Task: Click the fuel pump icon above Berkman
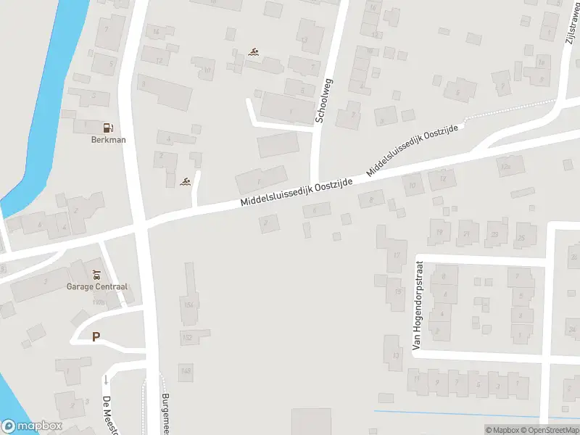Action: (x=107, y=127)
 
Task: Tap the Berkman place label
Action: (x=107, y=140)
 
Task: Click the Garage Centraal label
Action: (x=97, y=287)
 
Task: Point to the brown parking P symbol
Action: (x=96, y=336)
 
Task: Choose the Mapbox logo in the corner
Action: (x=32, y=426)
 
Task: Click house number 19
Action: (x=439, y=233)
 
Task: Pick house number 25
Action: (x=521, y=237)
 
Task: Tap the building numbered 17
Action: (x=397, y=255)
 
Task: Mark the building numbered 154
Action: (x=188, y=305)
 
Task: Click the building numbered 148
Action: (x=186, y=370)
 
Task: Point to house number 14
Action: (x=154, y=31)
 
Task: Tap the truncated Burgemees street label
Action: (x=165, y=413)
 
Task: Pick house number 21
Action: (x=466, y=234)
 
